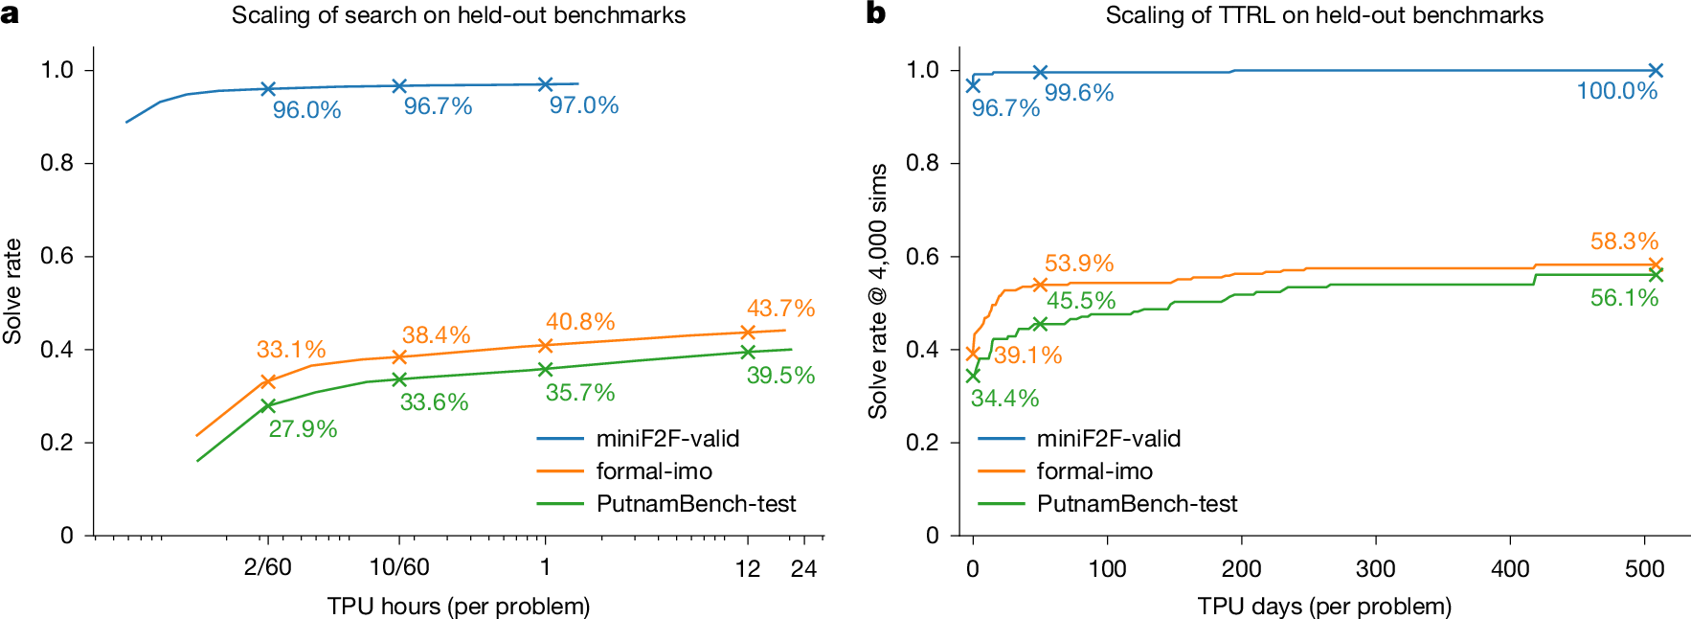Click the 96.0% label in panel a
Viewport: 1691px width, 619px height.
coord(306,110)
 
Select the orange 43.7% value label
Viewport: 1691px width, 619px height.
coord(780,309)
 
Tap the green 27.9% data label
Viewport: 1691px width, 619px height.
coord(303,429)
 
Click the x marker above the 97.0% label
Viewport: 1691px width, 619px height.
coord(545,84)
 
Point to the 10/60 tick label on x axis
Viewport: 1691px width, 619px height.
coord(399,567)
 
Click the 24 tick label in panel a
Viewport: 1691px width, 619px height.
coord(803,569)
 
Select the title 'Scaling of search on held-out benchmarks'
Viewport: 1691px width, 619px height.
coord(459,15)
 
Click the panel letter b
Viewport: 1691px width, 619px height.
coord(875,13)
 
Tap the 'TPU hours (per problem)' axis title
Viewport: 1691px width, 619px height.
coord(459,607)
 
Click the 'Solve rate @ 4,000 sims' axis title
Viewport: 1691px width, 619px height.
coord(878,291)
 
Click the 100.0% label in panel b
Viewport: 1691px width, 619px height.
coord(1616,91)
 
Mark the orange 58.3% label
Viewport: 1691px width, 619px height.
coord(1624,241)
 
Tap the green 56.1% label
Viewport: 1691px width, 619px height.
coord(1624,298)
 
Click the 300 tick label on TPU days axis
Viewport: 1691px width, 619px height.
coord(1375,569)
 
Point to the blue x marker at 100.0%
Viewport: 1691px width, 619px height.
coord(1656,70)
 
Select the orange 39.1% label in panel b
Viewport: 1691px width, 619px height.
coord(1027,355)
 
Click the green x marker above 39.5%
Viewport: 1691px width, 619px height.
coord(748,352)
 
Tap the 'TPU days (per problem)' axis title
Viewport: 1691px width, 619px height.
coord(1324,607)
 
